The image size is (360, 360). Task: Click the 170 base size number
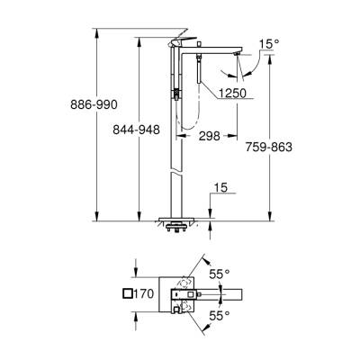pyautogui.click(x=146, y=293)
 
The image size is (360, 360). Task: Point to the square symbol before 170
pyautogui.click(x=126, y=293)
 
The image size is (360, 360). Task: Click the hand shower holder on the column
pyautogui.click(x=178, y=91)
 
